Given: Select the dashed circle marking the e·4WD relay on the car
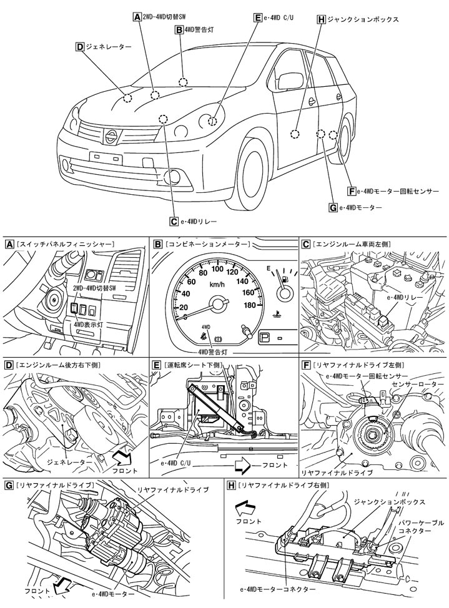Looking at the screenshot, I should (x=163, y=119).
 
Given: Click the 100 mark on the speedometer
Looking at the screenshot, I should (x=217, y=269).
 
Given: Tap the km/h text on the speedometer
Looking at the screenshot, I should (x=217, y=285).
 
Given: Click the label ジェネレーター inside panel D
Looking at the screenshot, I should (x=68, y=464).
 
